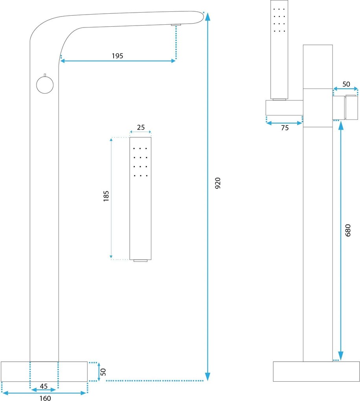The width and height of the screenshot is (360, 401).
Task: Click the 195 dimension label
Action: [118, 56]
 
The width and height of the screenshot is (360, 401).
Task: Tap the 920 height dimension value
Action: [218, 183]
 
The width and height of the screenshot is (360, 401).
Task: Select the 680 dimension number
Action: [348, 230]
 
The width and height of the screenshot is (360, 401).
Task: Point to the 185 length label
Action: [106, 196]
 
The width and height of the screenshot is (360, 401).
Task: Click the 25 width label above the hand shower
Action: [141, 127]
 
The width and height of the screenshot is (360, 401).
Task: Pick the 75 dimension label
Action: [285, 128]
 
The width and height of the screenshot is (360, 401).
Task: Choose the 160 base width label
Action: [45, 398]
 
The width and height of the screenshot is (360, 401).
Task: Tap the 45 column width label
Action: [44, 386]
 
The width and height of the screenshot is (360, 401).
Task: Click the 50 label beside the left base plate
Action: [103, 372]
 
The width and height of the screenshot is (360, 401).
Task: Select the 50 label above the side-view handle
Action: [346, 84]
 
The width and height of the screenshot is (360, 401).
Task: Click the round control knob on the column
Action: [45, 85]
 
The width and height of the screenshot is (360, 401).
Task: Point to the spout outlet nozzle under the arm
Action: [176, 24]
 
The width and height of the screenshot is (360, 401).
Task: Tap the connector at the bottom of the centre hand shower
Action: [140, 261]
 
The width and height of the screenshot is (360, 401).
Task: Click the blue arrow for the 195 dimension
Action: [118, 61]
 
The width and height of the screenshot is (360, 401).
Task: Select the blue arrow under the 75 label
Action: [284, 123]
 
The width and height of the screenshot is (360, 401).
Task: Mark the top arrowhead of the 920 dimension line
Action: [208, 17]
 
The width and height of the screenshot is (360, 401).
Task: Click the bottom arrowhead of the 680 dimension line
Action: [341, 356]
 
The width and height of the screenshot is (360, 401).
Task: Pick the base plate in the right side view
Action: [316, 372]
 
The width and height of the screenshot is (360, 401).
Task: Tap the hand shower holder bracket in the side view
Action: [284, 108]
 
